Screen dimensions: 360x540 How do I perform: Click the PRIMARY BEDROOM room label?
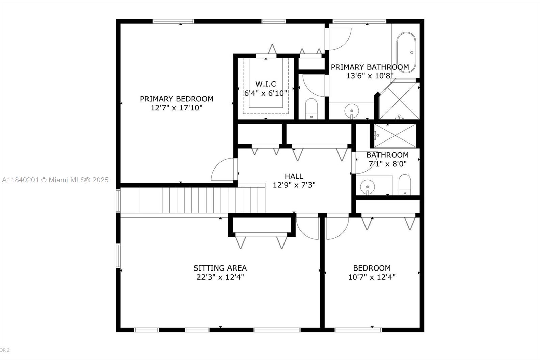177,99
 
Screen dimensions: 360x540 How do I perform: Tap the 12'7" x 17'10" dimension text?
177,108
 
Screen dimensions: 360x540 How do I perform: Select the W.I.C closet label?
266,84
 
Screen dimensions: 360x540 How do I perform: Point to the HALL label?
294,176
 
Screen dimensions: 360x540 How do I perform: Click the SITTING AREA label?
220,268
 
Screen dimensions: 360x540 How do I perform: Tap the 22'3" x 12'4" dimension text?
220,277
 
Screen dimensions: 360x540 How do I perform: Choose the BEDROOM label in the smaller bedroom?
372,268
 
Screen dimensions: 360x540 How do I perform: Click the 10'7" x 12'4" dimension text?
372,277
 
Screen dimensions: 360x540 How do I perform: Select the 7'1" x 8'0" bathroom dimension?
387,164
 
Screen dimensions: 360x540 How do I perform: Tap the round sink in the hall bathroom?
367,186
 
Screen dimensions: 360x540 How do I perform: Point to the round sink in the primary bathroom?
351,110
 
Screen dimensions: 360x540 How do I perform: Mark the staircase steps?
202,200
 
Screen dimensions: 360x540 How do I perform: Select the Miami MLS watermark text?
55,180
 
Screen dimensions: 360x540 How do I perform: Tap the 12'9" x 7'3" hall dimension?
294,185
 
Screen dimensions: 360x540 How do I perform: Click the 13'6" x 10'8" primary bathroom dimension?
370,76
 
